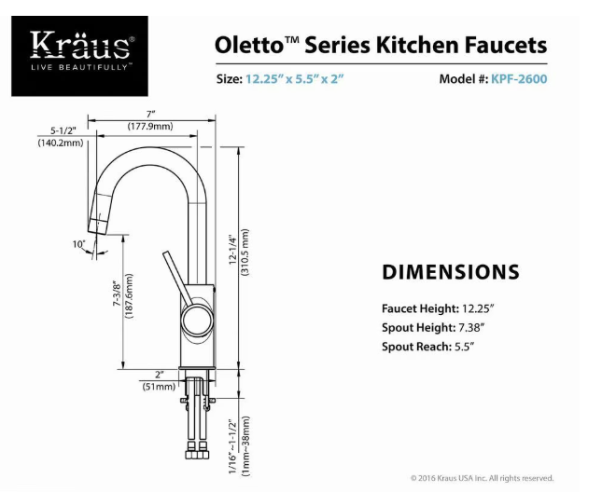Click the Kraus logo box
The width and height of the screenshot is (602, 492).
click(x=79, y=56)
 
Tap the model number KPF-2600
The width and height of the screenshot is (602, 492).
click(x=519, y=79)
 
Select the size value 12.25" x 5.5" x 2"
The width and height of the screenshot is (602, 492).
click(x=295, y=79)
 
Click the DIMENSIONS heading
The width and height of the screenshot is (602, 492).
click(x=451, y=272)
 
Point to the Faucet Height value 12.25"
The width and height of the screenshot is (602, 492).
click(x=478, y=308)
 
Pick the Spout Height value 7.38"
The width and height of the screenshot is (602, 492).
click(x=472, y=328)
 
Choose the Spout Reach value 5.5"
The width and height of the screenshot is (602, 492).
click(x=465, y=347)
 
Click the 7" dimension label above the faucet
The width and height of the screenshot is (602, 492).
click(x=150, y=115)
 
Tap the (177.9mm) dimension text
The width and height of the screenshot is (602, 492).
click(x=150, y=126)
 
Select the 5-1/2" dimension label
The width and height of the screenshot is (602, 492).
click(x=63, y=130)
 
